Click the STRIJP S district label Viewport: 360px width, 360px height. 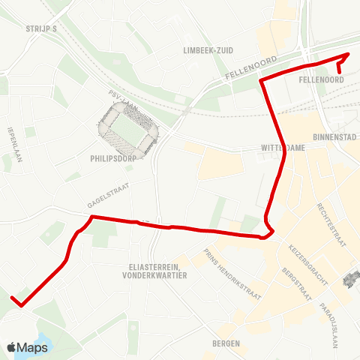tap(41, 28)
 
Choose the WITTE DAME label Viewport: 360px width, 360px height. tap(283, 148)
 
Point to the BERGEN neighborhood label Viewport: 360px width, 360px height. tap(226, 343)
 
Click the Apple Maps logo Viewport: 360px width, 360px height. tap(27, 347)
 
